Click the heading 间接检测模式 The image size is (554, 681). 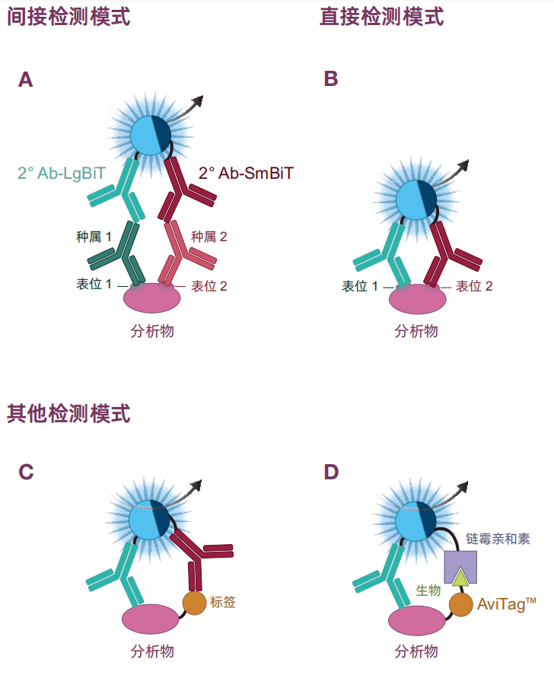(x=68, y=17)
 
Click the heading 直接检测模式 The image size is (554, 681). (x=381, y=17)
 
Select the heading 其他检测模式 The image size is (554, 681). (x=68, y=413)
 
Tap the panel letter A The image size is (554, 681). (x=26, y=79)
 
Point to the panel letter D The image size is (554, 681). (x=331, y=472)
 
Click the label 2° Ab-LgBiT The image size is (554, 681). (x=62, y=173)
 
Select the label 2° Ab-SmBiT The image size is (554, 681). (x=246, y=173)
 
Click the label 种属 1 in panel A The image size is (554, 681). (x=94, y=237)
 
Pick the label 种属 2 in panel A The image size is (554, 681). (x=209, y=237)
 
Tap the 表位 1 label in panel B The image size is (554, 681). (x=360, y=286)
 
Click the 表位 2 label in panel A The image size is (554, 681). (x=209, y=286)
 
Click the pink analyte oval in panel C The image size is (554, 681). (x=151, y=619)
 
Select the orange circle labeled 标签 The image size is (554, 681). (x=194, y=603)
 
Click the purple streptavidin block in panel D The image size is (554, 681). (x=460, y=567)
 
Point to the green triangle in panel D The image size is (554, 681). (x=460, y=578)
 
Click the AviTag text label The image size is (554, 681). (x=507, y=603)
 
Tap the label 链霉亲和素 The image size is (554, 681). (x=498, y=539)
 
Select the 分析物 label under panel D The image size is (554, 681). (x=416, y=651)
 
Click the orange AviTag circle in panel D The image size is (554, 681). (x=460, y=605)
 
